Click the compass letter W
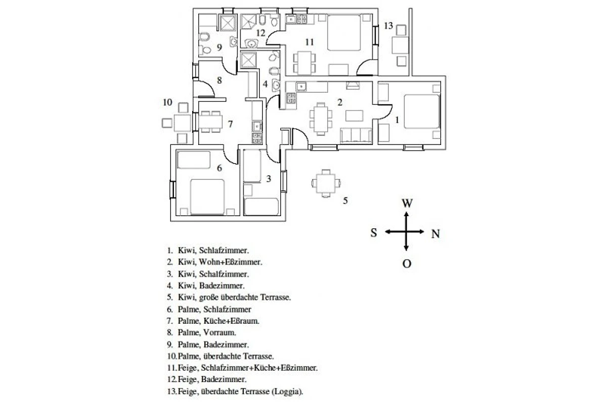(407, 203)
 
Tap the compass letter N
(435, 234)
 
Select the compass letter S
(374, 232)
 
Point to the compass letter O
(407, 263)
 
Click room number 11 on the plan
(310, 42)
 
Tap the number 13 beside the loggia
(388, 26)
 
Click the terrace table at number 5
(326, 183)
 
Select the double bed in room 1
(422, 111)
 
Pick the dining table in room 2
(321, 119)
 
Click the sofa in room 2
(356, 135)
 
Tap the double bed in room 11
(344, 33)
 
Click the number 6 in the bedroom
(220, 168)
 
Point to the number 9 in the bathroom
(220, 47)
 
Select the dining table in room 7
(210, 122)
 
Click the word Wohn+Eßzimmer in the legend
(230, 262)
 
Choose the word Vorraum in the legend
(219, 332)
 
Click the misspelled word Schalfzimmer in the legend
(224, 274)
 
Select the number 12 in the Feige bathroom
(261, 33)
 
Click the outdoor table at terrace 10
(183, 123)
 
